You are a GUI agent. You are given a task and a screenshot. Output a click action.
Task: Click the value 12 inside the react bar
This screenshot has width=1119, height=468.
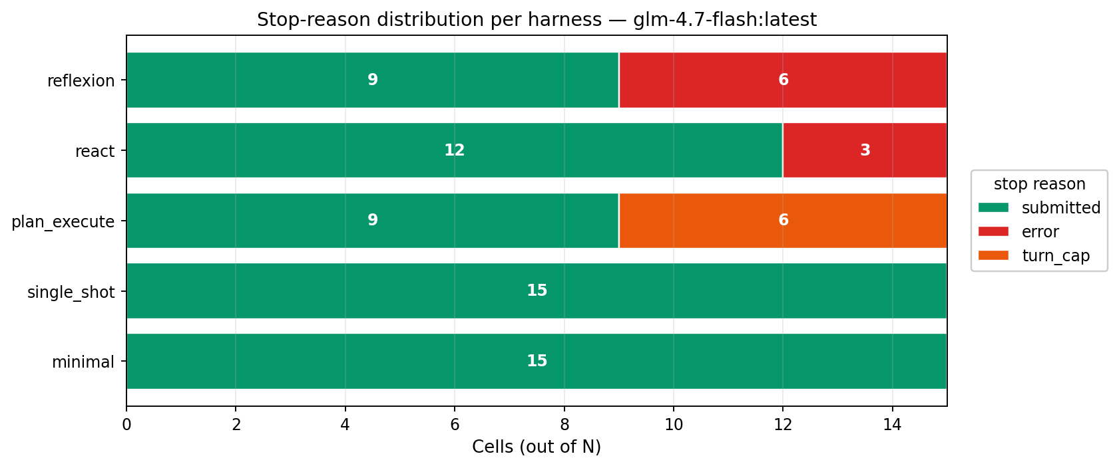coord(455,150)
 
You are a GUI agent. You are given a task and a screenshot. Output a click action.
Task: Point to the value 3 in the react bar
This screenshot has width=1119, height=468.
coord(865,150)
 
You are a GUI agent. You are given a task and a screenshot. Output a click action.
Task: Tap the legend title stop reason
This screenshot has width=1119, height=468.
coord(1039,184)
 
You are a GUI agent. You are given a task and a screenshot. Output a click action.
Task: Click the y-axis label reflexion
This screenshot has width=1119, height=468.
coord(81,80)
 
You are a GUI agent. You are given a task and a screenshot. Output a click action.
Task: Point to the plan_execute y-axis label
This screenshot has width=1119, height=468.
coord(63,221)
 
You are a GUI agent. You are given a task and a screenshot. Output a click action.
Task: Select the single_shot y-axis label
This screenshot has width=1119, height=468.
coord(71,292)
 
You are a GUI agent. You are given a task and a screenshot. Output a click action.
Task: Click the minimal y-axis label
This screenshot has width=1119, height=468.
coord(83,362)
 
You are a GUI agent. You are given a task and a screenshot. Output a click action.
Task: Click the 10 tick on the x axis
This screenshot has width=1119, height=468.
coord(674,425)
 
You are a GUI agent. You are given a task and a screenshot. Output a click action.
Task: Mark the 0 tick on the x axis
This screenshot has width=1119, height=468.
coord(126,425)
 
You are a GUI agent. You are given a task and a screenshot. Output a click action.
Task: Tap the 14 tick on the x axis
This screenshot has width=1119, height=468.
coord(892,425)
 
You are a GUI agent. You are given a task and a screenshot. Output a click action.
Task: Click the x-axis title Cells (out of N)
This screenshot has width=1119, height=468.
coord(537,447)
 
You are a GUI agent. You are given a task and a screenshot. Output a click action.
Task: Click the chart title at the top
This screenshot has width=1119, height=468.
coord(537,20)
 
